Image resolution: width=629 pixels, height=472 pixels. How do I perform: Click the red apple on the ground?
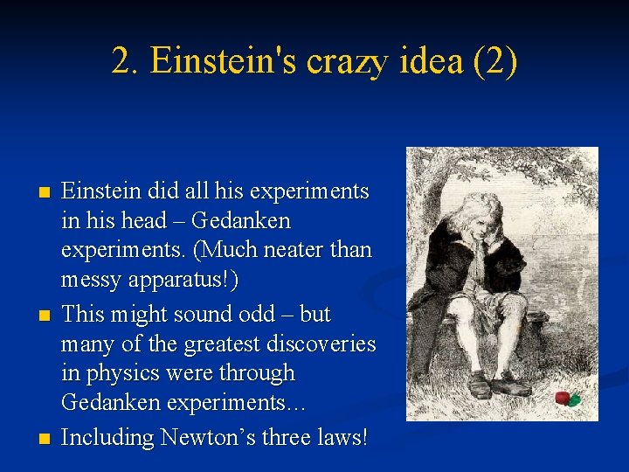coord(566,398)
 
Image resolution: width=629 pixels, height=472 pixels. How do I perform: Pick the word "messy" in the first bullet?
coord(88,281)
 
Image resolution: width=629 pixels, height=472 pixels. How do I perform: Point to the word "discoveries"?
coord(322,344)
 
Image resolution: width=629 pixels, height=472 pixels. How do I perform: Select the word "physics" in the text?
coord(123,374)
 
